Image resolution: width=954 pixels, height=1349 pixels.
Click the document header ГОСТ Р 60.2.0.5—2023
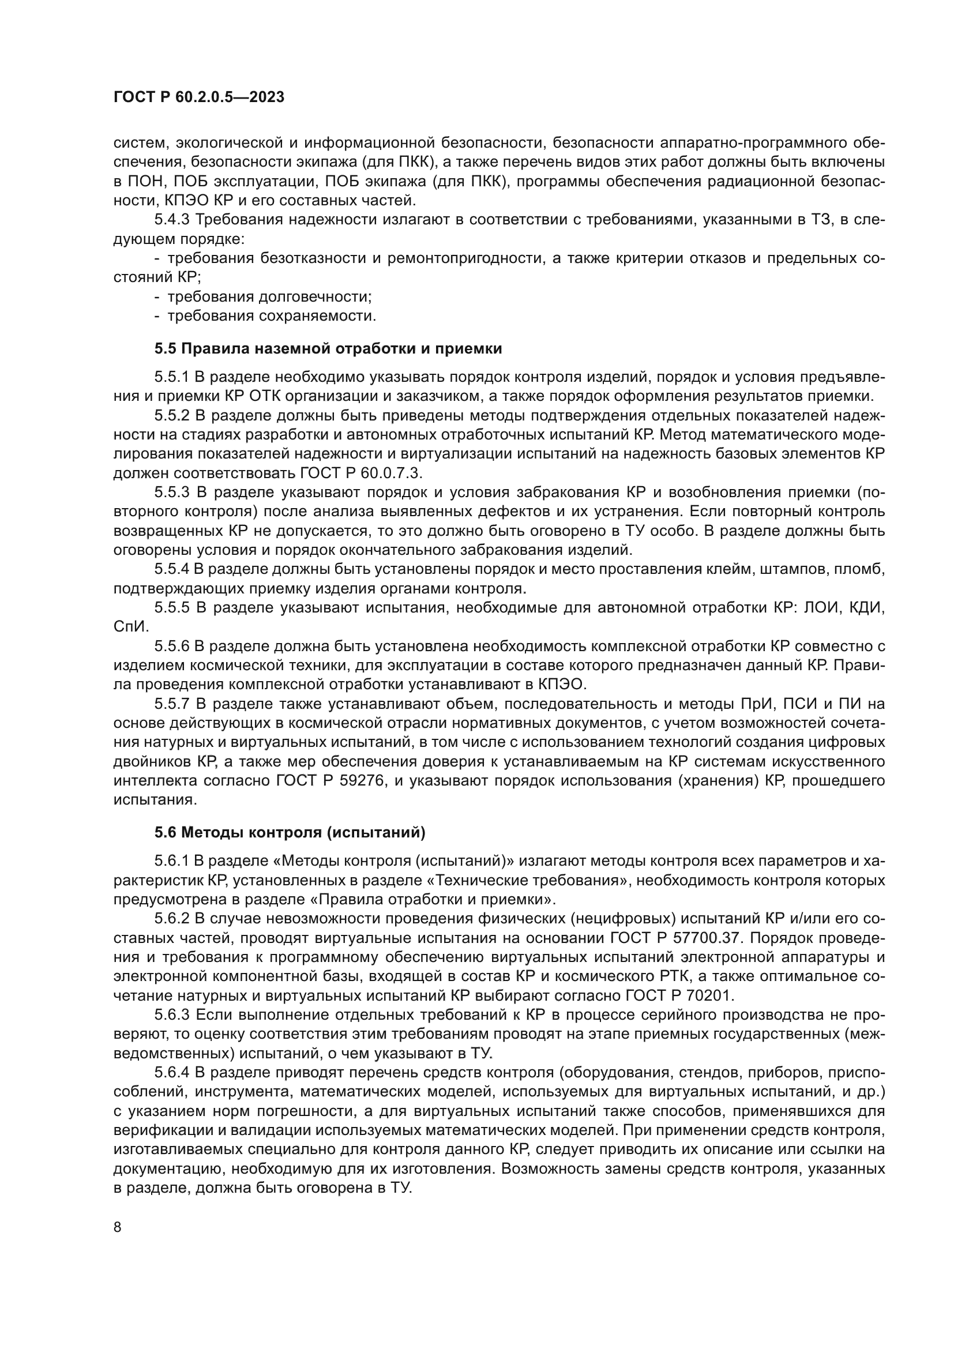click(198, 97)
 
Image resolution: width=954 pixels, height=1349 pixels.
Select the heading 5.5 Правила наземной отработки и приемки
click(328, 348)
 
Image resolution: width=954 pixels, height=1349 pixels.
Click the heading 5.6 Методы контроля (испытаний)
click(290, 832)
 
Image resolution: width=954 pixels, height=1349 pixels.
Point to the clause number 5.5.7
click(171, 704)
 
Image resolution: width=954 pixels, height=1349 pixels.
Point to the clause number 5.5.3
click(171, 493)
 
